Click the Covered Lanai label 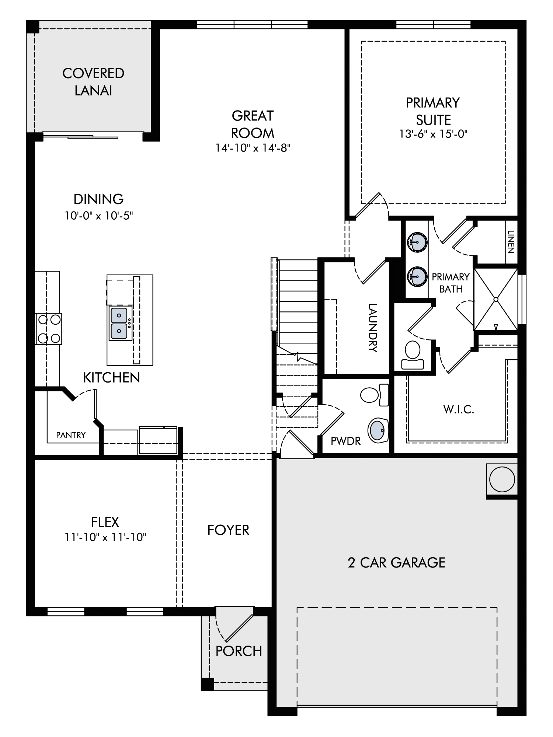(93, 82)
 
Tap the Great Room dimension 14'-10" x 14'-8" (253, 148)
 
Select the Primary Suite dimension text (433, 134)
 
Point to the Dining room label (98, 199)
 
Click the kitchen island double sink (119, 323)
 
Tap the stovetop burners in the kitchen (49, 328)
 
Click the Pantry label (71, 435)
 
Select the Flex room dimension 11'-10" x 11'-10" (105, 537)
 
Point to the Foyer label (228, 530)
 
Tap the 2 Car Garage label (396, 563)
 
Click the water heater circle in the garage (502, 479)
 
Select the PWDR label (345, 441)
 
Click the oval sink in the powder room (378, 430)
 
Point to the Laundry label (373, 328)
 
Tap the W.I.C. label (459, 409)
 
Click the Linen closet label (511, 242)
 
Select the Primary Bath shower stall (496, 299)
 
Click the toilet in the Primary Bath (413, 355)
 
